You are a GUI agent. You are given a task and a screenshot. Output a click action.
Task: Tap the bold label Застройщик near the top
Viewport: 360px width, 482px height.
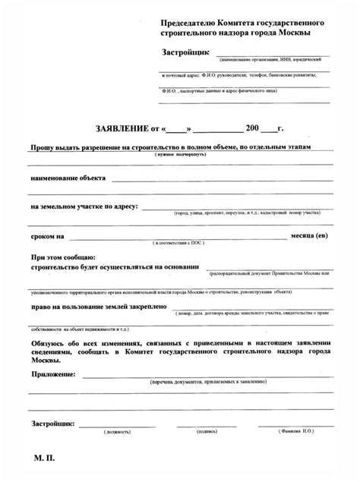point(187,52)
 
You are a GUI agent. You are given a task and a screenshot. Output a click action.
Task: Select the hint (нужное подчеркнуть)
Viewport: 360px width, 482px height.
point(181,154)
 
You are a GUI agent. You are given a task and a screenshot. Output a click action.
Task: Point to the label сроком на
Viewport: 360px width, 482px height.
point(47,236)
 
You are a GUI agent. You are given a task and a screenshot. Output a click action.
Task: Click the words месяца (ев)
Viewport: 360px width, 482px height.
point(310,235)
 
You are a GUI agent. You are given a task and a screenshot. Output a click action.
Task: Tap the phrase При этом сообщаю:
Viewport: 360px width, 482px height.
point(63,258)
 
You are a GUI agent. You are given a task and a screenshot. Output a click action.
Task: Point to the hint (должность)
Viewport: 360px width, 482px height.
point(118,431)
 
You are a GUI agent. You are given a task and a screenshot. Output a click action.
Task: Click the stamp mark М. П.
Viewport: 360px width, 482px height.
point(44,459)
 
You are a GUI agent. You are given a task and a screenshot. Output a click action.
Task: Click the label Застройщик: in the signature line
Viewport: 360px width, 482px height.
point(52,422)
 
